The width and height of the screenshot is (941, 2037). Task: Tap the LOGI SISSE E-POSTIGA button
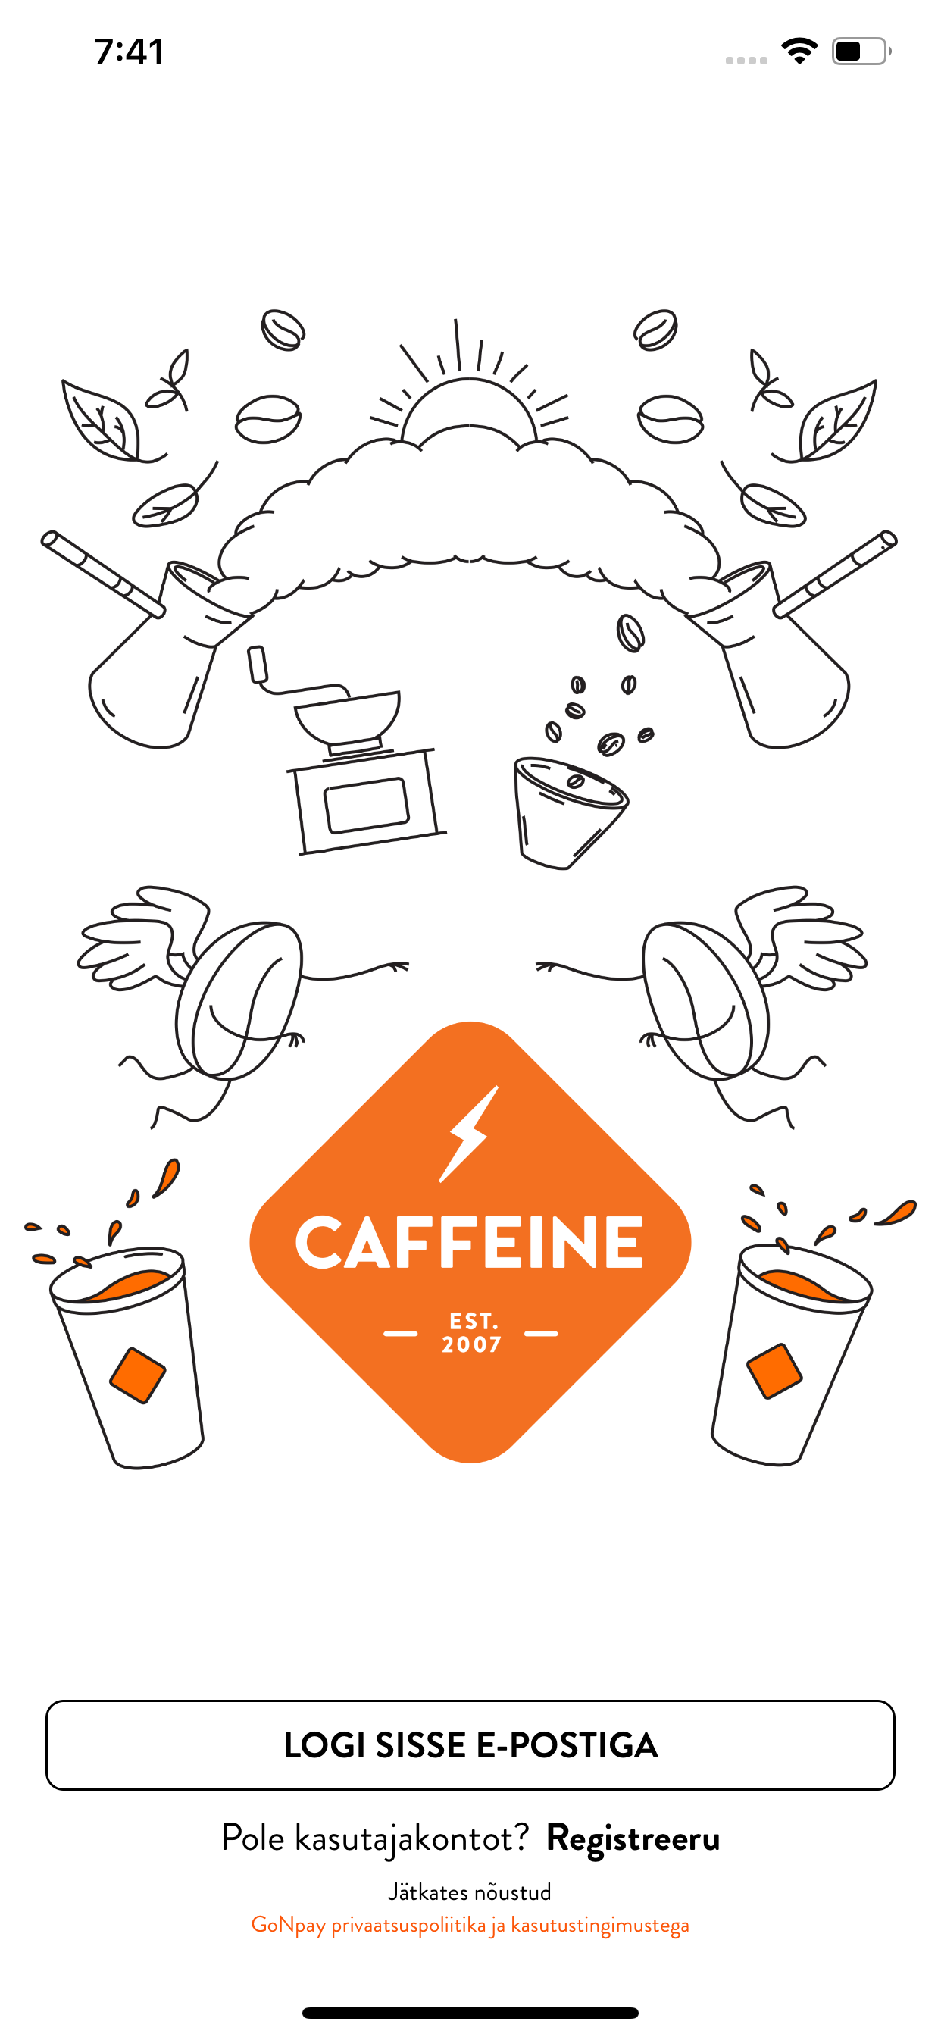(470, 1745)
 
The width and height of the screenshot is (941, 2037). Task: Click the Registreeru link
(633, 1838)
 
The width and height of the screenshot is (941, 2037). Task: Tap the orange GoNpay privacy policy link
(470, 1925)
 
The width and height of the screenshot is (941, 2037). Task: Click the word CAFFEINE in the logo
(470, 1243)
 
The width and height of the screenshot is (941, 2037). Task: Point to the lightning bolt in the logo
(470, 1134)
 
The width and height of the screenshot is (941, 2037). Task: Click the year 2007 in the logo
(471, 1345)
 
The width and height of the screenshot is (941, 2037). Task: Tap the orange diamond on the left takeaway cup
(138, 1376)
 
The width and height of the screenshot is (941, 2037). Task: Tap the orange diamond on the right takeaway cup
(774, 1371)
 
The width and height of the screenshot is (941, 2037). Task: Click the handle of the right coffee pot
(836, 574)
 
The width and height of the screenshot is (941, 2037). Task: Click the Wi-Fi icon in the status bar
(799, 52)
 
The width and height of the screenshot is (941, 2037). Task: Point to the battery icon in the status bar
(861, 52)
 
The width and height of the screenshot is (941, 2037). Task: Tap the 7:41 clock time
(129, 52)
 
